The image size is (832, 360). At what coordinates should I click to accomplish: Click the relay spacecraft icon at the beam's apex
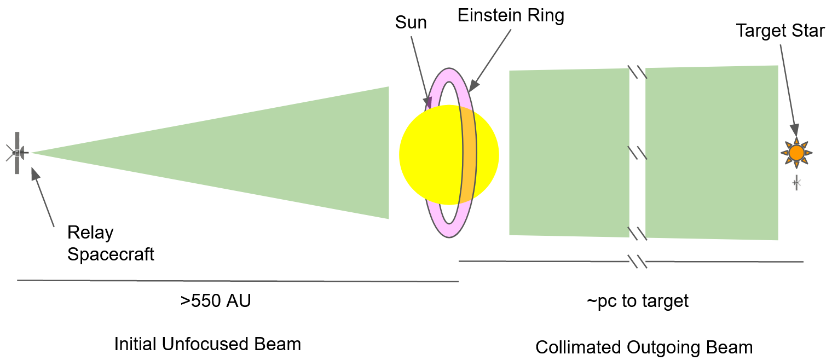point(18,153)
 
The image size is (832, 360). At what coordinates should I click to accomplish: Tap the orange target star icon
point(796,153)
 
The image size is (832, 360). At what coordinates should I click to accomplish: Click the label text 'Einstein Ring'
point(511,15)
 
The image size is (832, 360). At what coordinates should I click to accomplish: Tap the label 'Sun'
point(411,23)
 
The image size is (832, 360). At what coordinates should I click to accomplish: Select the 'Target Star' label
point(779,31)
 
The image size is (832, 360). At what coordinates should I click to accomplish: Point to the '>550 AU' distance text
point(215,301)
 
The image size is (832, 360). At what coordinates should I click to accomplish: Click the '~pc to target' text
point(637,301)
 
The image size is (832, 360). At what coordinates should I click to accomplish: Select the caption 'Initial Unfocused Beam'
point(207,344)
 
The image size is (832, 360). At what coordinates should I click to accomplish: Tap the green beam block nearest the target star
point(712,153)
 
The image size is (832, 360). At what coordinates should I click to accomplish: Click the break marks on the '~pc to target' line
point(638,262)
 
